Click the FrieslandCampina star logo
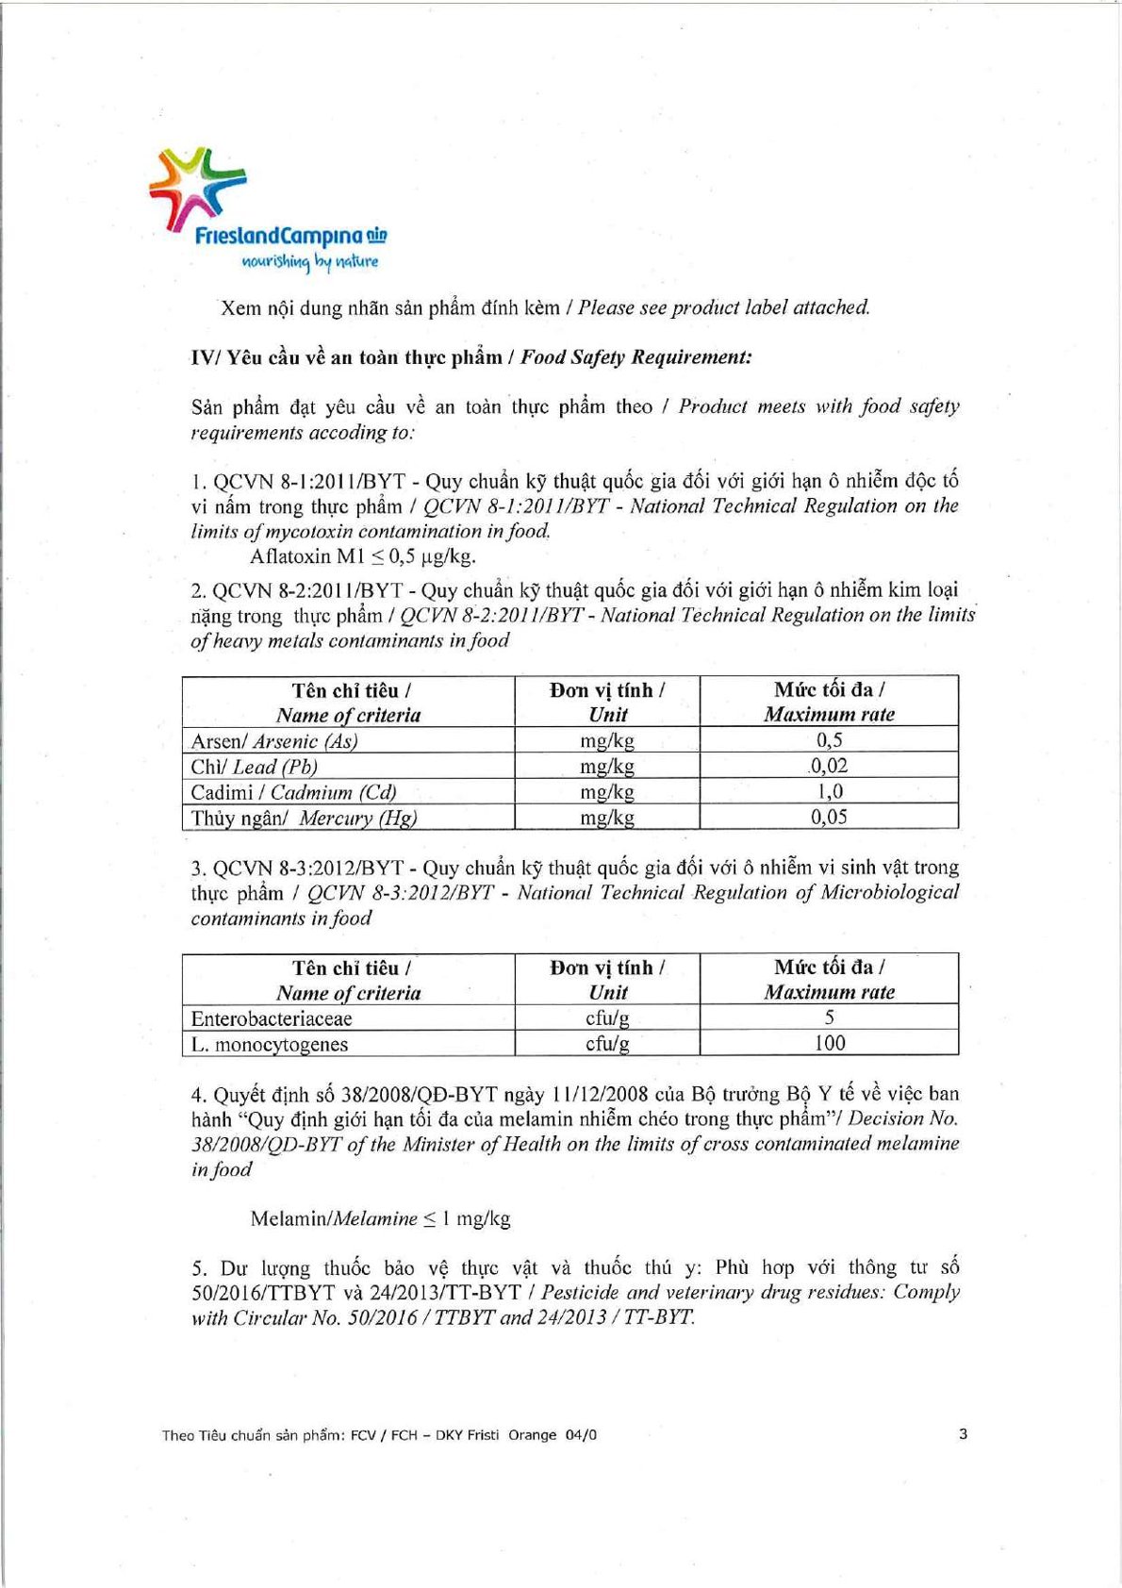point(197,188)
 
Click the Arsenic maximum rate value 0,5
point(829,740)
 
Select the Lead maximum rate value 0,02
point(829,766)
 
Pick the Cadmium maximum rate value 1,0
point(829,791)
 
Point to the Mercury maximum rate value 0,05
point(829,817)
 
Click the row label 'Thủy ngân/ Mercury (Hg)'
point(304,818)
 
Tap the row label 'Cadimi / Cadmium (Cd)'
point(293,792)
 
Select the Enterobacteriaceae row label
point(272,1018)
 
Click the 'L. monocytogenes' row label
point(270,1044)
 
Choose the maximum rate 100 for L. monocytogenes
point(829,1043)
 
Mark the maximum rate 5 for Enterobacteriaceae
point(829,1017)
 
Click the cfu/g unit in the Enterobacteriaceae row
point(607,1018)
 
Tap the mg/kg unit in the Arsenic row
point(607,741)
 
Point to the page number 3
point(963,1433)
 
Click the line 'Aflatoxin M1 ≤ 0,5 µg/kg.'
point(363,556)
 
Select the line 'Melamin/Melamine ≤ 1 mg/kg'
point(380,1218)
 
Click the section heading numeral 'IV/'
point(206,357)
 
